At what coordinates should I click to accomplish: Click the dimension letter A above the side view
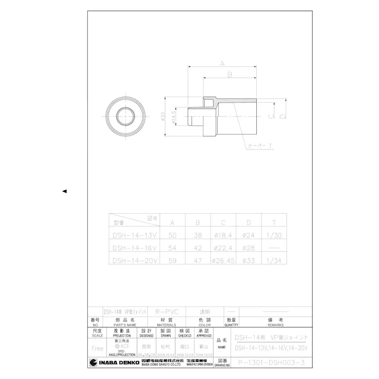[222, 63]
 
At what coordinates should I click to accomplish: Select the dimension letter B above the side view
[230, 75]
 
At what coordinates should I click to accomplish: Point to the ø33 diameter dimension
[163, 116]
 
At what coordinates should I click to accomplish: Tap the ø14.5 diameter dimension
[174, 116]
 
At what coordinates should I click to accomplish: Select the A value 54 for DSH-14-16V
[172, 247]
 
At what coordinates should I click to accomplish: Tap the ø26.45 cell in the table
[223, 260]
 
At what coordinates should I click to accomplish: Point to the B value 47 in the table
[197, 260]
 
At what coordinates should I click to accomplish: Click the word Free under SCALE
[97, 348]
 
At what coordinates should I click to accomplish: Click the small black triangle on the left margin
[64, 191]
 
